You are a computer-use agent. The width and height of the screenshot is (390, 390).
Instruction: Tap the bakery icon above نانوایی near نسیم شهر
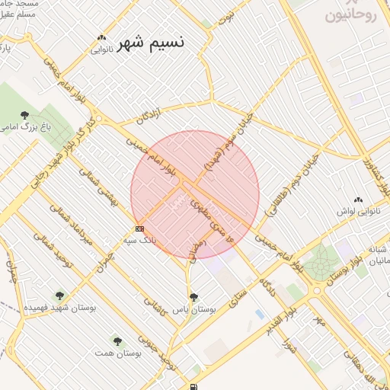(x=101, y=38)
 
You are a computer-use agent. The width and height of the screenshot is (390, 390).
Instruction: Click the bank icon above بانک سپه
(x=139, y=229)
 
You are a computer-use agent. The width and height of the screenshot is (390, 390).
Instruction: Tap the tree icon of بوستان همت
(x=117, y=341)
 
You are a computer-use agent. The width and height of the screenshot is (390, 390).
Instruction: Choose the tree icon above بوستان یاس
(x=194, y=297)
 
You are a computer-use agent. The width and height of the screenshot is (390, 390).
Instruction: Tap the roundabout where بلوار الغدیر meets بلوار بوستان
(x=316, y=289)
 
